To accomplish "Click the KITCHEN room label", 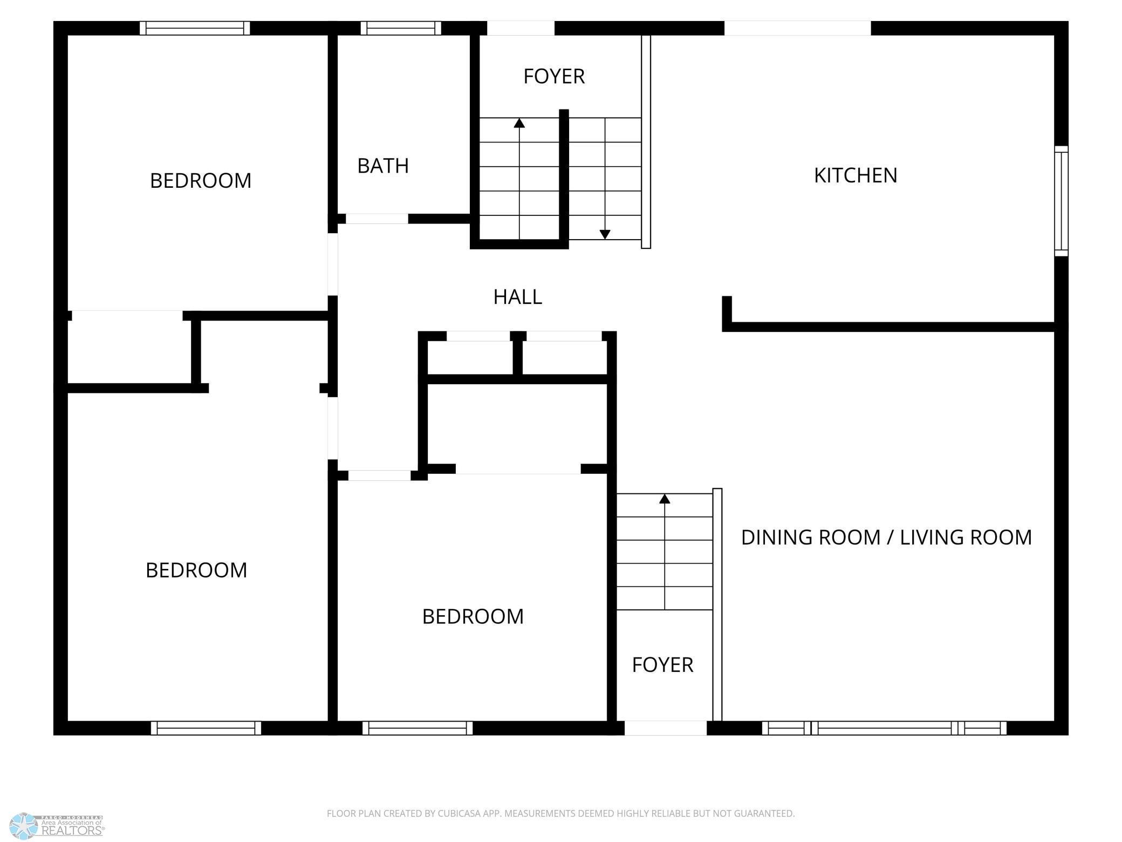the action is (x=856, y=175).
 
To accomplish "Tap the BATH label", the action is (x=383, y=166).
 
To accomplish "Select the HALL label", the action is (x=518, y=297).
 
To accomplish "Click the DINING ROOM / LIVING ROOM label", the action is (x=886, y=538).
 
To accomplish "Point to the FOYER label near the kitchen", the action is (x=554, y=76).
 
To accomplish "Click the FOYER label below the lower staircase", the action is (x=662, y=665).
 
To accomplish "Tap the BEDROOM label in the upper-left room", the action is (x=201, y=181).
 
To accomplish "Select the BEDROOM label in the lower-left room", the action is (x=196, y=571).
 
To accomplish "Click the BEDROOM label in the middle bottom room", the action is (x=473, y=616).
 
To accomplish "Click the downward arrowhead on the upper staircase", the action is (x=605, y=235).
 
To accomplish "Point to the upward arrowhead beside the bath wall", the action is (x=519, y=123).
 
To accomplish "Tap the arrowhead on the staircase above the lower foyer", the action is (x=665, y=499).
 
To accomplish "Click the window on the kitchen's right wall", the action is (x=1061, y=201).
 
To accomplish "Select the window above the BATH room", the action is (x=401, y=28).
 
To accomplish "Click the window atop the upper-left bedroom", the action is (x=195, y=28).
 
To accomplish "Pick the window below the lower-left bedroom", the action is (x=206, y=728).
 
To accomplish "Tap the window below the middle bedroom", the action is (x=418, y=728).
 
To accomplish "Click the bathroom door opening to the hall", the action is (x=377, y=219).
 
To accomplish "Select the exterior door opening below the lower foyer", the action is (x=666, y=728).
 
